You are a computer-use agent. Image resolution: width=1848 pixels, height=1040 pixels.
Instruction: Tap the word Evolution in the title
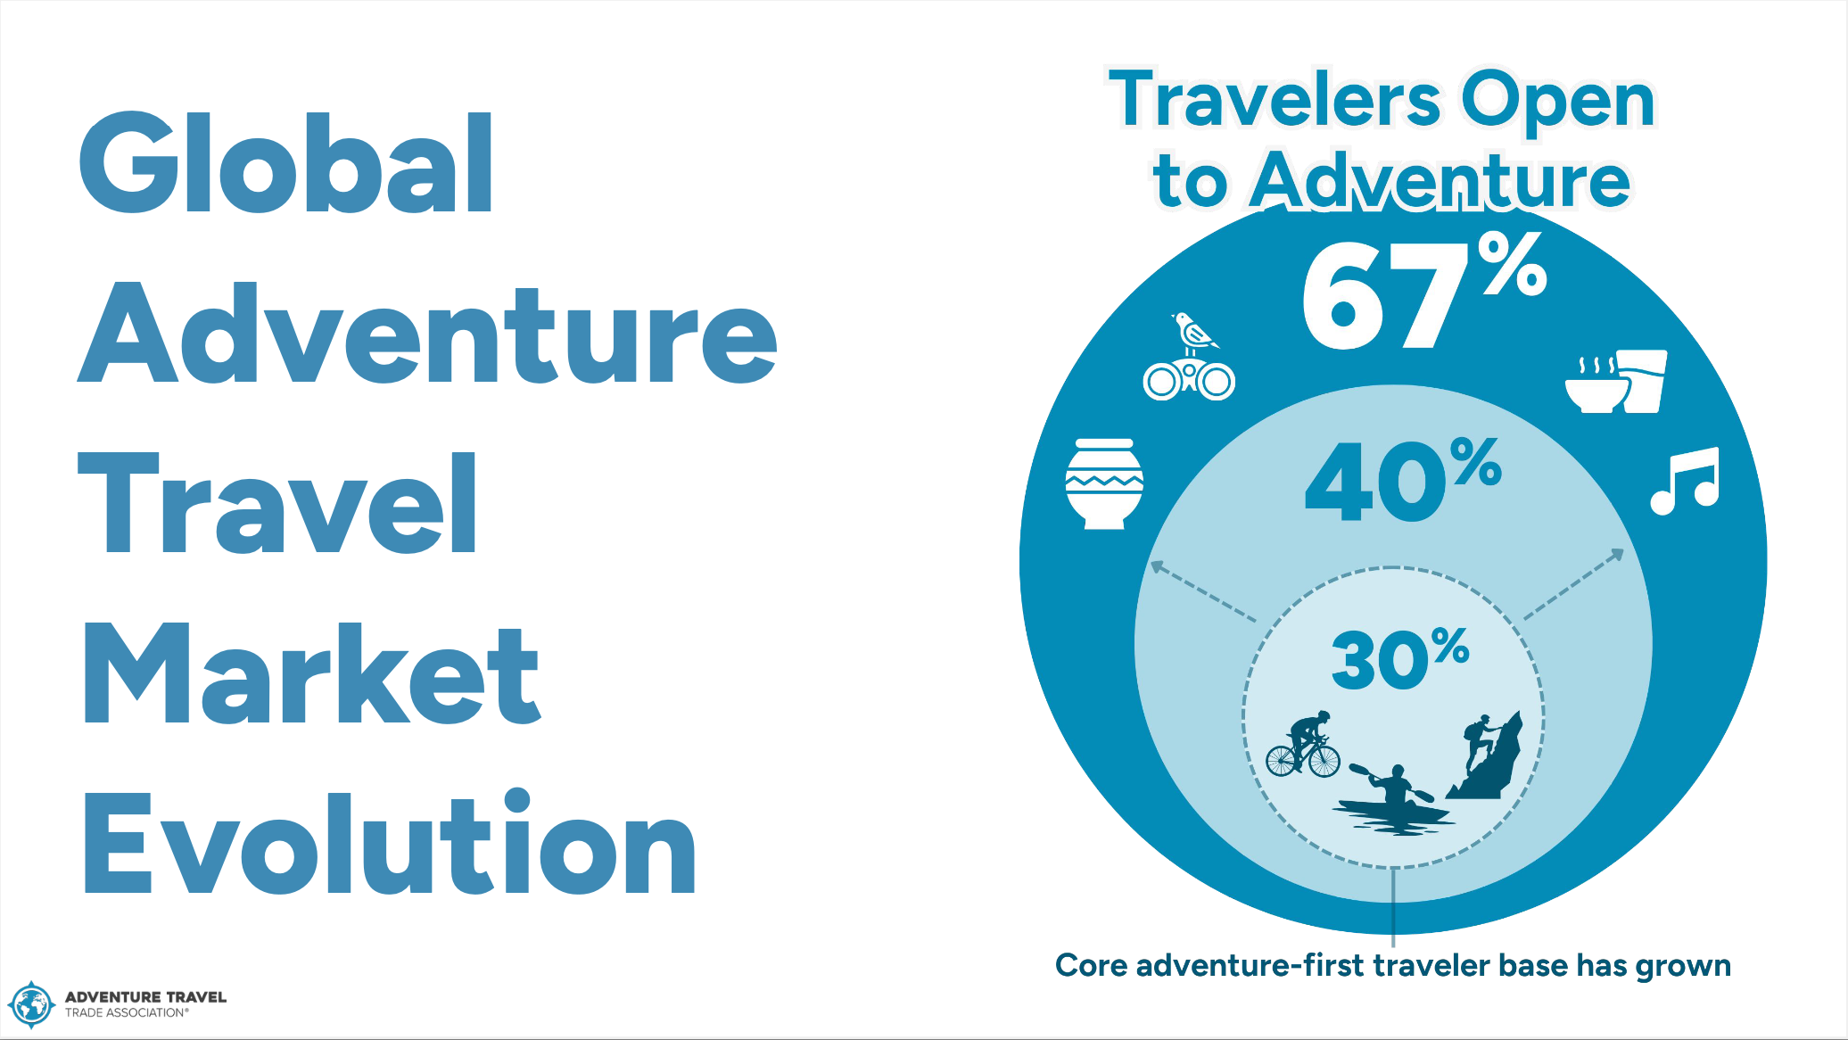coord(389,843)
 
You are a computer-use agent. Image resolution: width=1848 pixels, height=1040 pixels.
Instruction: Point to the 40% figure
coord(1404,479)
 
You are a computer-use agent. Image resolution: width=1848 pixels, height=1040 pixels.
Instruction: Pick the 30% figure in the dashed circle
coord(1400,659)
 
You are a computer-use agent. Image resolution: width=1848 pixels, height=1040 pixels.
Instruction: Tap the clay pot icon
coord(1104,483)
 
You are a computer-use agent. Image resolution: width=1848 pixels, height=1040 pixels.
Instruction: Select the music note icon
coord(1684,481)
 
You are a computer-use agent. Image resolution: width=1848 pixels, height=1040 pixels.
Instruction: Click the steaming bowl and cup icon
coord(1616,382)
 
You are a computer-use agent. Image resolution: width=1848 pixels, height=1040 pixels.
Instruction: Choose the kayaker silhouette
coord(1392,798)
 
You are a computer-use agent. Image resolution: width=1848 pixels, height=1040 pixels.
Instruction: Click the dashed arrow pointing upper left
coord(1203,590)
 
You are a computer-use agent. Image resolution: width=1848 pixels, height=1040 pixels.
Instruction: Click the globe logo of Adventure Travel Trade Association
coord(31,1005)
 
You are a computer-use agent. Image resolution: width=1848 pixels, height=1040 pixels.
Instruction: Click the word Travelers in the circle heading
coord(1275,99)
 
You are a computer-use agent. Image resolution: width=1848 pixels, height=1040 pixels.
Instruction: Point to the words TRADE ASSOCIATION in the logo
coord(126,1013)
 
